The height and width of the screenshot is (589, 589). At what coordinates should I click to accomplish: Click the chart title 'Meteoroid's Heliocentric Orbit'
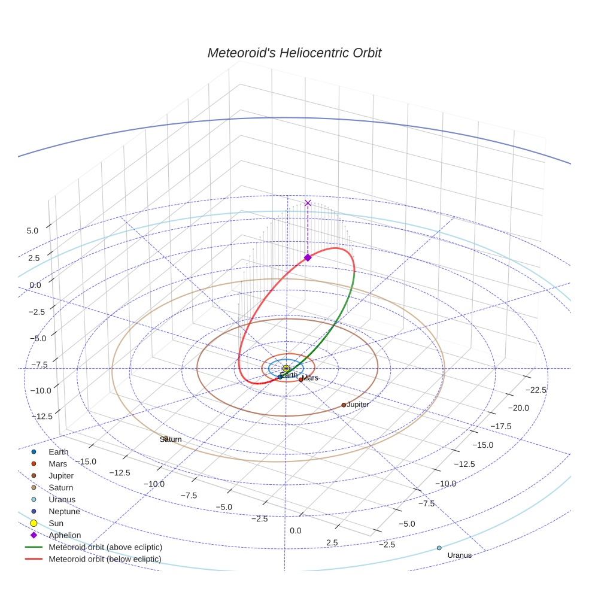pos(294,53)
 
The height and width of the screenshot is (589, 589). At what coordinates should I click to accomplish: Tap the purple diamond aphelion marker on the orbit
pos(308,257)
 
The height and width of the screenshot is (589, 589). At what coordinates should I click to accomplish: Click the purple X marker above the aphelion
pos(308,203)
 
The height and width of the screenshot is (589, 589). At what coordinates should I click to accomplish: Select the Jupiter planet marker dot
pos(344,405)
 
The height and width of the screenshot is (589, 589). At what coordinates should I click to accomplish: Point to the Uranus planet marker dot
pos(439,548)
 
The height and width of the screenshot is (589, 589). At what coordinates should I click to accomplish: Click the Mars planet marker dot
pos(300,379)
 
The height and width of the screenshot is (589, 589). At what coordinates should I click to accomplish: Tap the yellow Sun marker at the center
pos(286,368)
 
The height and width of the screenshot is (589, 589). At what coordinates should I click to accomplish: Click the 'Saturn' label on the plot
pos(171,439)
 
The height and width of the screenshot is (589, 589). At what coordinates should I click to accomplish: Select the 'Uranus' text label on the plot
pos(459,555)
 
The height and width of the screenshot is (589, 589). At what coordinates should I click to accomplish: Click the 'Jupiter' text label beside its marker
pos(358,405)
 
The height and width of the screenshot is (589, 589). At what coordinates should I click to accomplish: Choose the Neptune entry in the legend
pos(64,511)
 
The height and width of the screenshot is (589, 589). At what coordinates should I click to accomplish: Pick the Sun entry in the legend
pos(56,523)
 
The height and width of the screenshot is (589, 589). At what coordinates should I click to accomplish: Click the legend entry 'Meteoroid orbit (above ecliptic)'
pos(105,547)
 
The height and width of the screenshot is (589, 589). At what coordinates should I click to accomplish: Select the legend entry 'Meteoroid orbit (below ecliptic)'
pos(105,559)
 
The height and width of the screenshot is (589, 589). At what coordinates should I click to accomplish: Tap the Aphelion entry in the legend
pos(65,535)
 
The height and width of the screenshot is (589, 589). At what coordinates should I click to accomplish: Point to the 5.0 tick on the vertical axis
pos(33,230)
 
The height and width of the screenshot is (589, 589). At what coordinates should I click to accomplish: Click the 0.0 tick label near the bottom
pos(296,531)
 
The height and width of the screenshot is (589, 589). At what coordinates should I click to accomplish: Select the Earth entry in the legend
pos(59,452)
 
